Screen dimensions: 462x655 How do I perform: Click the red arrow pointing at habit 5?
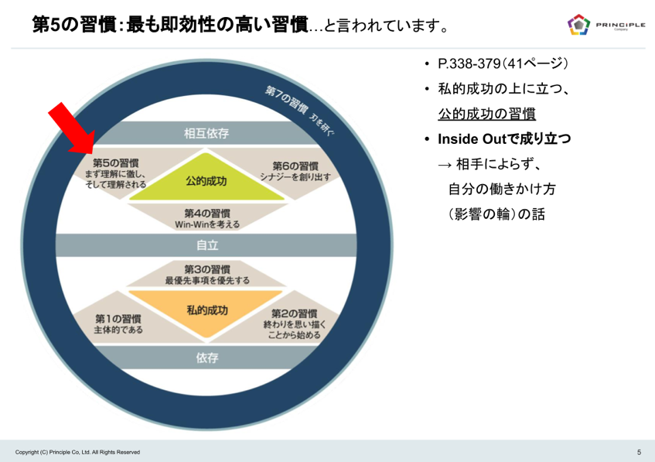pos(72,128)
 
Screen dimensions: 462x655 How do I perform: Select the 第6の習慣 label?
pos(295,166)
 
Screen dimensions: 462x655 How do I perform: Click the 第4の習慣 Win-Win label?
pos(207,213)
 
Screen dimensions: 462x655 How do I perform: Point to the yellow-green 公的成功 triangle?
pos(206,182)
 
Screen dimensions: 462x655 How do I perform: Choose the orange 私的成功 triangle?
pos(207,310)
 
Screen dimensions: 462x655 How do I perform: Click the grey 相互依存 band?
pos(206,133)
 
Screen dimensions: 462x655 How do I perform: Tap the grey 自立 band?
pos(206,245)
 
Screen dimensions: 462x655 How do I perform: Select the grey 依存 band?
pos(206,358)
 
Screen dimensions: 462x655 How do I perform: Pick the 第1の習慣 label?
pos(118,319)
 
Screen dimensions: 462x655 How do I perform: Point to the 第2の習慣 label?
pos(294,313)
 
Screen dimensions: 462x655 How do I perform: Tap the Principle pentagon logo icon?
pos(578,26)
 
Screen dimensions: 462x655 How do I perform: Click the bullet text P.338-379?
pos(469,64)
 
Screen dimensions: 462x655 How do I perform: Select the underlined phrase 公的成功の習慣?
pos(486,115)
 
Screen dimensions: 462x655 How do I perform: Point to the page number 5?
pos(639,452)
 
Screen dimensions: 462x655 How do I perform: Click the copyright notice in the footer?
pos(77,452)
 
